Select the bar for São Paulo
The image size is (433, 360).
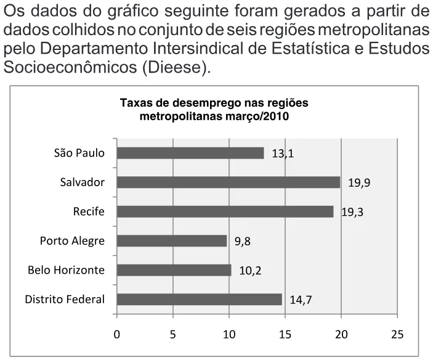tap(190, 153)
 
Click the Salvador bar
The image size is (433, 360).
tap(229, 182)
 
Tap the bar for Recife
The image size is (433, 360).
tap(225, 211)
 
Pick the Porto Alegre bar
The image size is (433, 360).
tap(172, 241)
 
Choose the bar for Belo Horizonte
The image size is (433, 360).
tap(174, 270)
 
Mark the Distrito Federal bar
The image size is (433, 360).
tap(200, 300)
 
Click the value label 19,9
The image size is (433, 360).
tap(359, 183)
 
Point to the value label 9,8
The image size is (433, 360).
tap(243, 242)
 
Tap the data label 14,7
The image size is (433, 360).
tap(301, 300)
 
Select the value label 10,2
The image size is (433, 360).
tap(250, 271)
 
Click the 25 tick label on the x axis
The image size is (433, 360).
tap(397, 335)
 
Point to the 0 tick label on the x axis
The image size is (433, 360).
tap(117, 335)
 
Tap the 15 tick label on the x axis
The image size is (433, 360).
tap(285, 335)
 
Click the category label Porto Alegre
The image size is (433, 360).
tap(72, 241)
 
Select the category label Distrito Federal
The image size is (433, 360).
tap(65, 299)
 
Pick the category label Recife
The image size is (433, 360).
tap(89, 211)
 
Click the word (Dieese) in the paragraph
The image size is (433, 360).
tap(176, 67)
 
